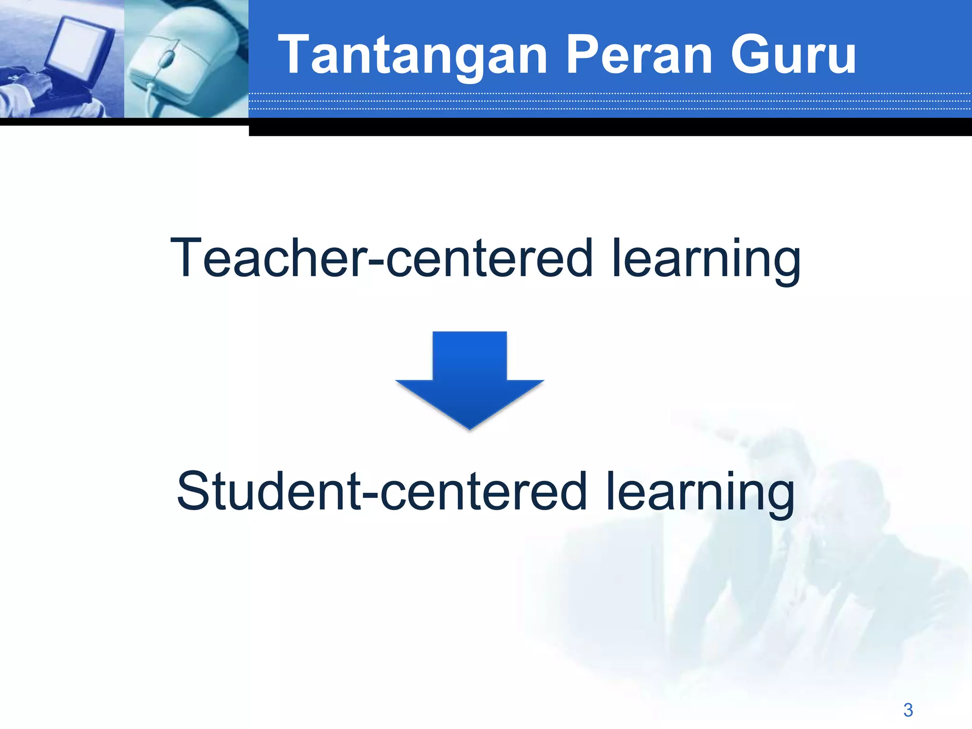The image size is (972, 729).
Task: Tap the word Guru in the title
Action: (x=793, y=56)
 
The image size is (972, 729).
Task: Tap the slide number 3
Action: (x=908, y=710)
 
